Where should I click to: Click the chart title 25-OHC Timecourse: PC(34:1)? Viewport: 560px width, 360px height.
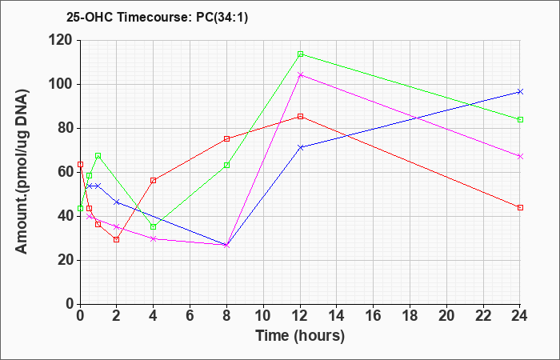(157, 17)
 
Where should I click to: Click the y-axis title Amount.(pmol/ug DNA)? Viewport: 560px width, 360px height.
(22, 172)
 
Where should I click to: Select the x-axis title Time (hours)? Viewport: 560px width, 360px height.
(300, 336)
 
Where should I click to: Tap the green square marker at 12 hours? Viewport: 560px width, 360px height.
(300, 54)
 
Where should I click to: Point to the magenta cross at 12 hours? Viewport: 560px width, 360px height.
(300, 75)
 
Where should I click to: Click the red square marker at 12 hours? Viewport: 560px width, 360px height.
(300, 117)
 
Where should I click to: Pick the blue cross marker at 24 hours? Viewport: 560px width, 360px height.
(520, 92)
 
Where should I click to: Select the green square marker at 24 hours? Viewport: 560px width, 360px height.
(520, 120)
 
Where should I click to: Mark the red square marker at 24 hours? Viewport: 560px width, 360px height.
(520, 207)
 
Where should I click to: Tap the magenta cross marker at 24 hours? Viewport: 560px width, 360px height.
(520, 157)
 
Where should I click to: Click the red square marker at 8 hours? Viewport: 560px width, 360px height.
(226, 138)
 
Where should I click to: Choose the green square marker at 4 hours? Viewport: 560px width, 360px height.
(154, 226)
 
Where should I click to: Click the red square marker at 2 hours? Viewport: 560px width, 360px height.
(117, 240)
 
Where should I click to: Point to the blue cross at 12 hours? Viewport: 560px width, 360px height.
(300, 147)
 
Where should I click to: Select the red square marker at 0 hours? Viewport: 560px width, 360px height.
(80, 165)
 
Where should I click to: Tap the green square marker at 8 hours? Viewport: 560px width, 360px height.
(226, 165)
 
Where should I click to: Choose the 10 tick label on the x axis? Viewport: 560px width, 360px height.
(263, 315)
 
